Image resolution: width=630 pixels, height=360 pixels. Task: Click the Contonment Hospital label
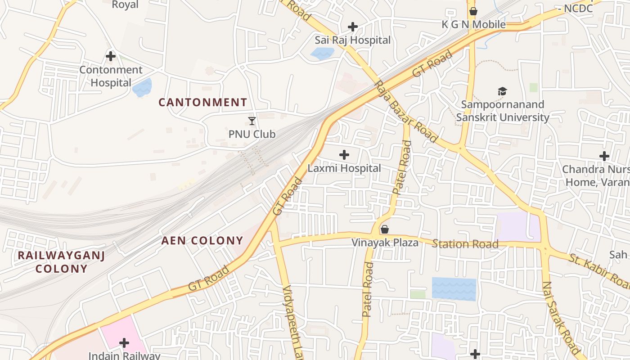(111, 76)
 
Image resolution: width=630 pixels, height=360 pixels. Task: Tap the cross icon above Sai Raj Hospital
(352, 27)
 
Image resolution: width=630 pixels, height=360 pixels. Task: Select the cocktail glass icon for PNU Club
(252, 121)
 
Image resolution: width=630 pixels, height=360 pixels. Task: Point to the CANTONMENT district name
(202, 103)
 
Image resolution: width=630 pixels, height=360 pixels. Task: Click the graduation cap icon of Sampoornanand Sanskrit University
(502, 91)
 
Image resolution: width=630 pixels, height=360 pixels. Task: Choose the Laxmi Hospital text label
(344, 168)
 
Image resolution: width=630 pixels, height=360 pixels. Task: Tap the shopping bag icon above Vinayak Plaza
(384, 229)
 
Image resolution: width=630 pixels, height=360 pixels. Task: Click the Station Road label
(465, 244)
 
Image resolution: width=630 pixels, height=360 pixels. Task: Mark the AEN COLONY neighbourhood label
(202, 241)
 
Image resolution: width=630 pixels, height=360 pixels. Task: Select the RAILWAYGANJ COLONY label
(61, 262)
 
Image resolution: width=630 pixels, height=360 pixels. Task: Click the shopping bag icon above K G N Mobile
(473, 11)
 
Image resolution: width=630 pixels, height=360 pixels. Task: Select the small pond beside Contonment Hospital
(142, 87)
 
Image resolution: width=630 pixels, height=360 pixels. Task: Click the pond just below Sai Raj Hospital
(322, 54)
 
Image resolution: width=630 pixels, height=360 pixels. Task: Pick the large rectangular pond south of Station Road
(454, 289)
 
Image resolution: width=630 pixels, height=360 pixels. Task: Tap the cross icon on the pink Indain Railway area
(124, 343)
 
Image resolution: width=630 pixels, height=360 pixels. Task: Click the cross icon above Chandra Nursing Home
(604, 156)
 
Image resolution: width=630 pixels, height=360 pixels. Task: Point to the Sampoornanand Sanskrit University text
(502, 111)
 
